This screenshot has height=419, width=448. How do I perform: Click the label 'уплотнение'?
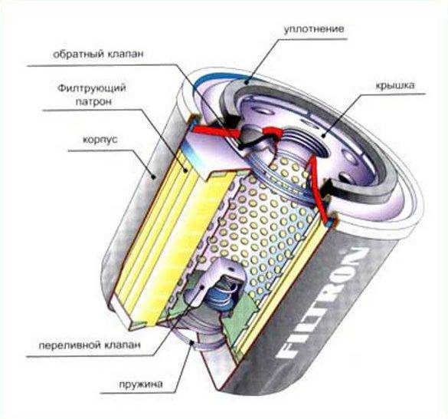(x=314, y=29)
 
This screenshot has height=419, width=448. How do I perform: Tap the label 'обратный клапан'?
(x=98, y=54)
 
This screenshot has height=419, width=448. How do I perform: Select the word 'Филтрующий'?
(x=92, y=88)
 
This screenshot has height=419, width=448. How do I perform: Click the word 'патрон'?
(x=93, y=102)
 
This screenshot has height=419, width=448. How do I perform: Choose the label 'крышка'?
(x=394, y=85)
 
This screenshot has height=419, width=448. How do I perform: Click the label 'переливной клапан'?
(x=90, y=345)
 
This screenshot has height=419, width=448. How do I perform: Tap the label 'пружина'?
(x=141, y=384)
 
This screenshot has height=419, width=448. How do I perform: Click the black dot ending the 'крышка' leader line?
(x=323, y=136)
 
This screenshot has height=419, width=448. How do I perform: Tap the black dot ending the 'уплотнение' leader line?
(x=246, y=83)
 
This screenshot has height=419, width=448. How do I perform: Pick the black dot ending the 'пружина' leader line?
(x=192, y=342)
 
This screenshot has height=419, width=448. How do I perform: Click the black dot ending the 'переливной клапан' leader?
(x=203, y=286)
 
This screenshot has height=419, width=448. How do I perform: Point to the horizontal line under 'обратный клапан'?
(x=100, y=65)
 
